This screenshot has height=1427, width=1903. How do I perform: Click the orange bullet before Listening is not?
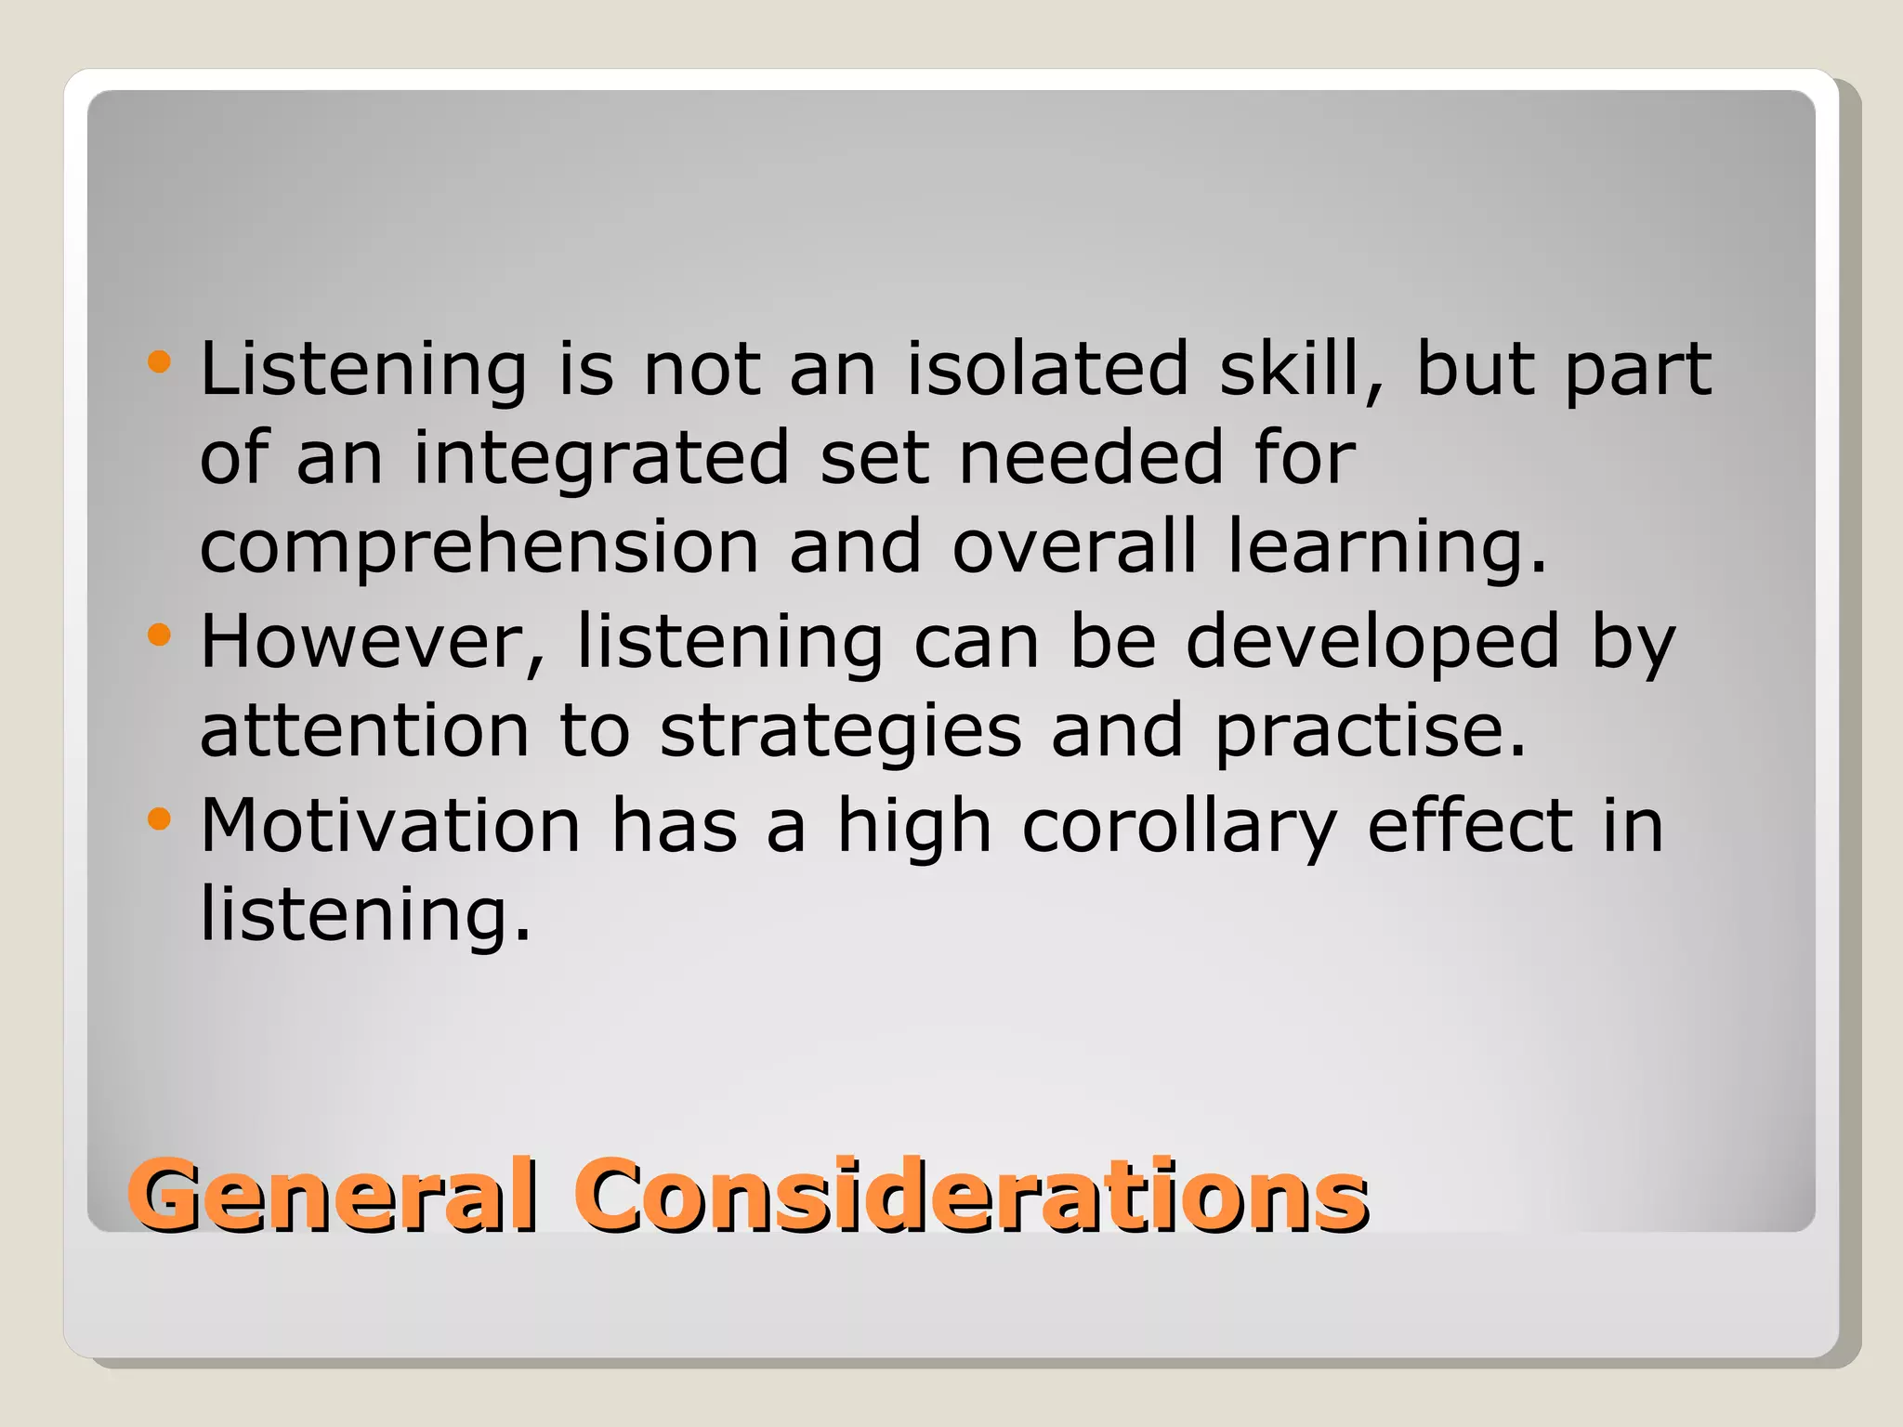pyautogui.click(x=160, y=361)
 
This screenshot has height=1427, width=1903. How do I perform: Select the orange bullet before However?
pyautogui.click(x=160, y=635)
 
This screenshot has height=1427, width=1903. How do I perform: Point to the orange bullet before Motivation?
pyautogui.click(x=160, y=818)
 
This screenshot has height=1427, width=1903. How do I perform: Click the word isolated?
pyautogui.click(x=1047, y=369)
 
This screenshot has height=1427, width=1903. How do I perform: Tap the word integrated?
pyautogui.click(x=601, y=459)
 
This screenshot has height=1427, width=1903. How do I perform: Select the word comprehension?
pyautogui.click(x=479, y=548)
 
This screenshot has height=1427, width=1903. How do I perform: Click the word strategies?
pyautogui.click(x=841, y=733)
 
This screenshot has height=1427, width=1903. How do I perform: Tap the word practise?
pyautogui.click(x=1371, y=733)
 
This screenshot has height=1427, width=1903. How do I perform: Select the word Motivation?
pyautogui.click(x=391, y=825)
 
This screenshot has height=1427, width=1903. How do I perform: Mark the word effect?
pyautogui.click(x=1469, y=825)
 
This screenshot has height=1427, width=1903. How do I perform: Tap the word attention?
pyautogui.click(x=364, y=731)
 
